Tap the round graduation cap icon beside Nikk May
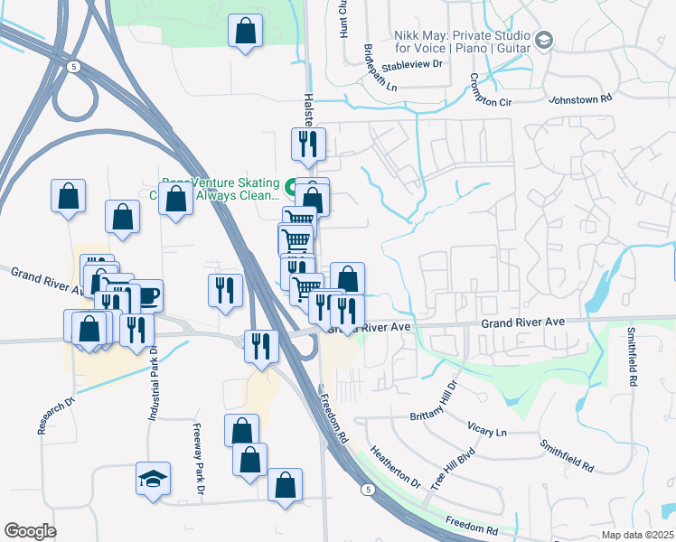coord(544,40)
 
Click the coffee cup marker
coord(146,295)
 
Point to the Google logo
coord(29,530)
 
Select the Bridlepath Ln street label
coord(380,69)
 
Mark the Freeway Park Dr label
coord(199,460)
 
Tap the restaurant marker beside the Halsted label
coord(306,145)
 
